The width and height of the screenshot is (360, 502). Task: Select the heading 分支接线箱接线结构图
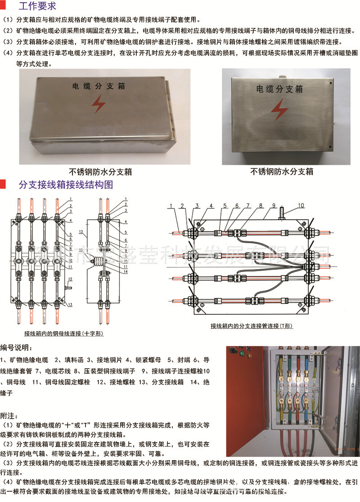tap(65, 185)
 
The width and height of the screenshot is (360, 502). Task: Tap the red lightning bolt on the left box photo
tap(98, 105)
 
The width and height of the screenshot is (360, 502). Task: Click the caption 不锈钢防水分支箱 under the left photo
tap(100, 172)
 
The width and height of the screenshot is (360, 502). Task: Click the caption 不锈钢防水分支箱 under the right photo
tap(282, 172)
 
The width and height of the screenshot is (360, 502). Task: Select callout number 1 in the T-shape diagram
tap(172, 206)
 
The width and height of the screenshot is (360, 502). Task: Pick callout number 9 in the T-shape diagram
tap(273, 206)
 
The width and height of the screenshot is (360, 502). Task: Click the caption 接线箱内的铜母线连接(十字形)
tap(64, 334)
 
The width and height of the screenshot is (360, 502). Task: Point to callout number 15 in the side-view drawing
tap(81, 250)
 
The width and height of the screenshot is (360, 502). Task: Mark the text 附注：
tap(11, 414)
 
